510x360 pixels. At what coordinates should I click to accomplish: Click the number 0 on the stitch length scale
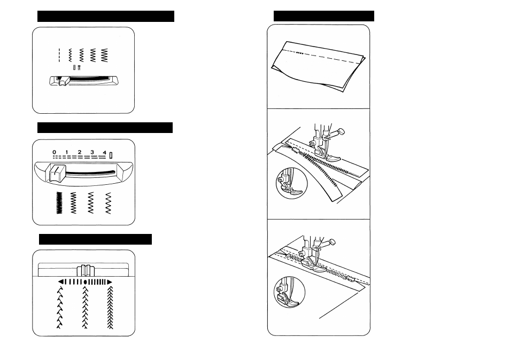pos(54,152)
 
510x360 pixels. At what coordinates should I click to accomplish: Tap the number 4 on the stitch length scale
pos(104,152)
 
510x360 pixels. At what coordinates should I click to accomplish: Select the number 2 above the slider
pos(79,152)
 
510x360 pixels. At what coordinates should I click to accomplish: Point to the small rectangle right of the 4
pos(111,155)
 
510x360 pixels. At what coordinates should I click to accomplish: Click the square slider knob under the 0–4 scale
pos(57,173)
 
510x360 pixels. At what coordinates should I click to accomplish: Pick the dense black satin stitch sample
pos(59,203)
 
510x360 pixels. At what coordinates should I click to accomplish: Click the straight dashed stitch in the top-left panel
pos(59,55)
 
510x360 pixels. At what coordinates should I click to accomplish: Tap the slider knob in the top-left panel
pos(64,81)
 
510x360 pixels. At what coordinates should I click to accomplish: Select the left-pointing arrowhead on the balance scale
pos(60,281)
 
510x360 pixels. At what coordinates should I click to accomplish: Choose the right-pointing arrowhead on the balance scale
pos(110,281)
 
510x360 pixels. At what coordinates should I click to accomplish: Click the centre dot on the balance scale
pos(85,282)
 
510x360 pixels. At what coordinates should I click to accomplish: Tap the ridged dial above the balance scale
pos(86,270)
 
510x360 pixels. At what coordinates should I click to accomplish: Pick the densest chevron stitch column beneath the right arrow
pos(110,308)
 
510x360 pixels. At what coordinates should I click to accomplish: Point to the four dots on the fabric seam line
pos(300,53)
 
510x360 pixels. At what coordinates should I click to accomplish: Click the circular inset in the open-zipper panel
pos(291,183)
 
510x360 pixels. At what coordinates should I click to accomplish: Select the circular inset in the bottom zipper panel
pos(289,292)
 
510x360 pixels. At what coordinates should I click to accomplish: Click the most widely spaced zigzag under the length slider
pos(109,203)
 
